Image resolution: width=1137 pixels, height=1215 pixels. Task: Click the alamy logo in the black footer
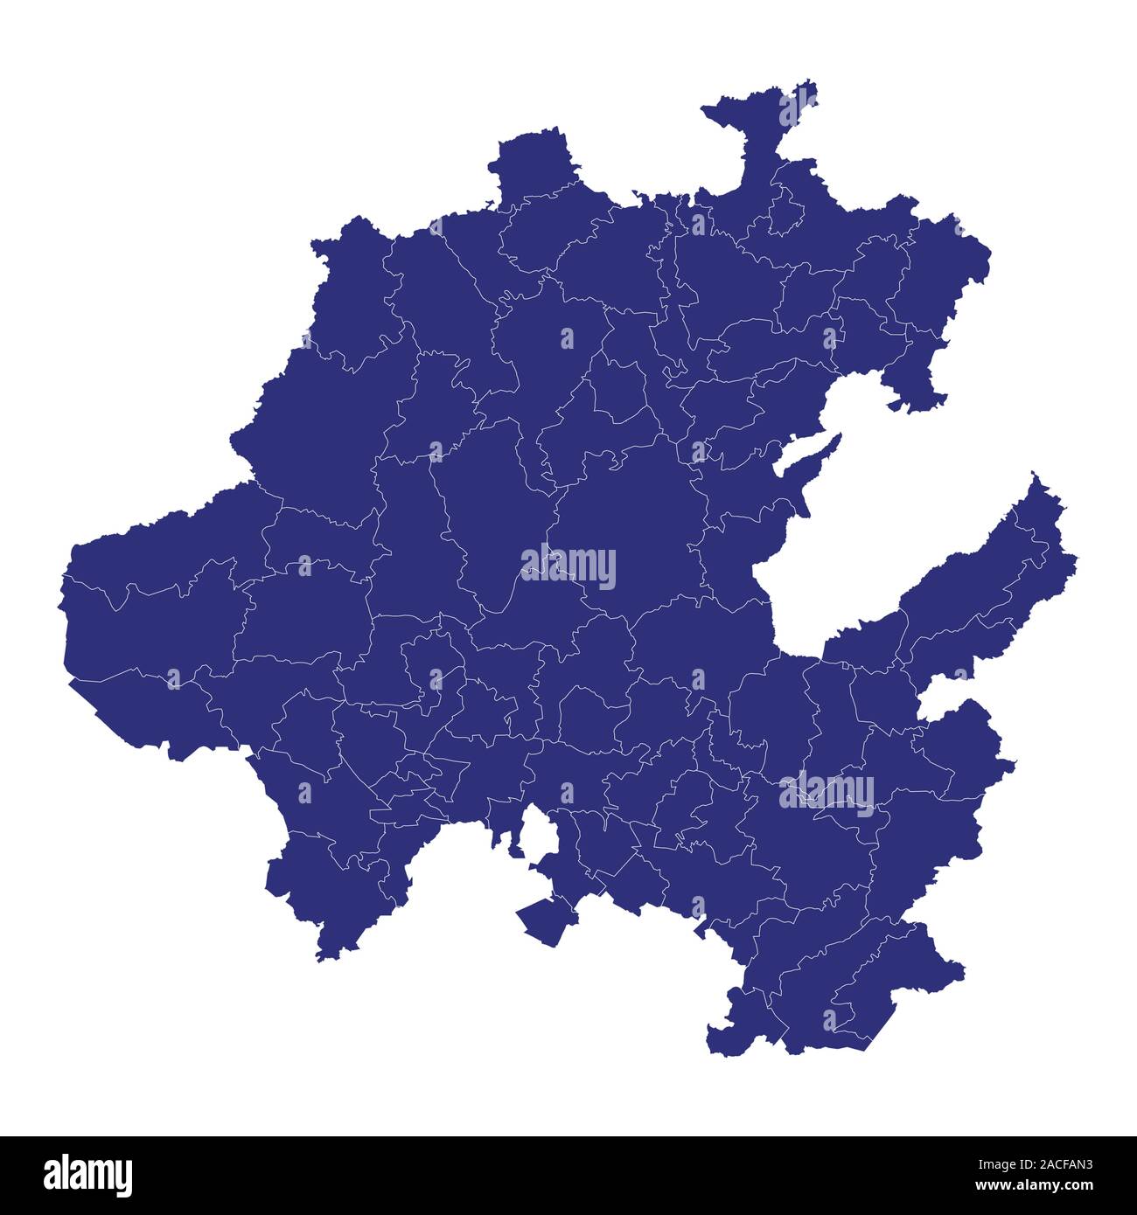[x=88, y=1175]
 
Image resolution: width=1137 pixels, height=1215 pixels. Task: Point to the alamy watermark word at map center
[x=568, y=566]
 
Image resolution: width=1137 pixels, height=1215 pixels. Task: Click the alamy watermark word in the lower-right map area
[x=827, y=794]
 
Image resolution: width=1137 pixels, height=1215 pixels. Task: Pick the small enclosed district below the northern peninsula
[x=788, y=211]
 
